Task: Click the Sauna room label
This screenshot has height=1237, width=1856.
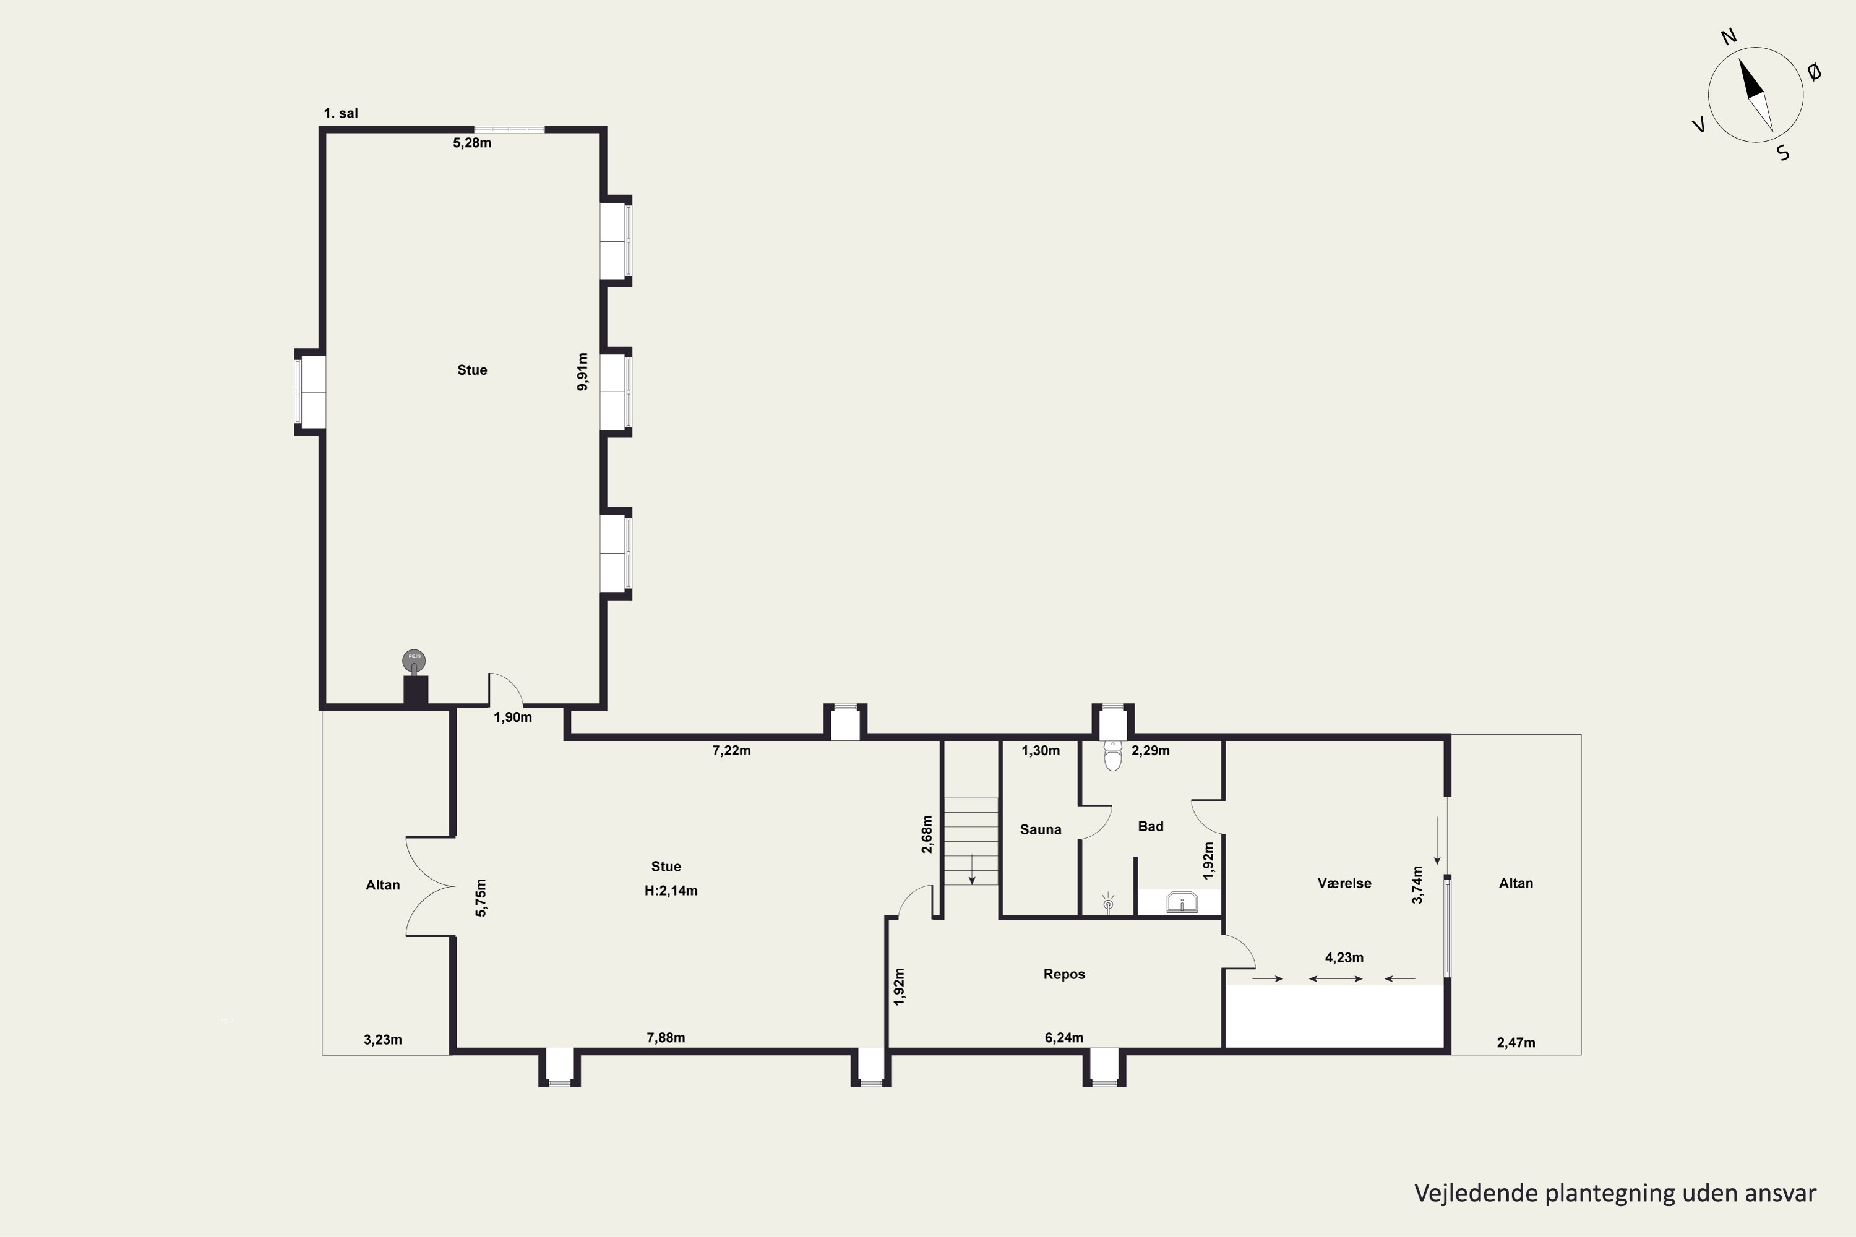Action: tap(1040, 829)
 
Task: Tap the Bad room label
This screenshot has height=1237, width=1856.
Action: tap(1151, 826)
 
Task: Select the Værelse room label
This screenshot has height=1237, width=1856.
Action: tap(1344, 883)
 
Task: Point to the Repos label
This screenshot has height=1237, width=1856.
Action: tap(1063, 974)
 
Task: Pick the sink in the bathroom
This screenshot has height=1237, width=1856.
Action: tap(1181, 902)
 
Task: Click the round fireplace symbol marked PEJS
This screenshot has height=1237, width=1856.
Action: tap(413, 659)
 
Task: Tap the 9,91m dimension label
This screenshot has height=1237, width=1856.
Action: tap(582, 372)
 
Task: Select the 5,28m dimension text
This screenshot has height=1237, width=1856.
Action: tap(472, 143)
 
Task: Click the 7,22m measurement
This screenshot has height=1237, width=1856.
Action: tap(731, 750)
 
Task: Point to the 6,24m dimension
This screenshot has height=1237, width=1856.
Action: tap(1063, 1037)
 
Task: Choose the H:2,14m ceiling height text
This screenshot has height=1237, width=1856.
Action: tap(671, 891)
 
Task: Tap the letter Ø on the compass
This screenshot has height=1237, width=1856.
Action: tap(1814, 72)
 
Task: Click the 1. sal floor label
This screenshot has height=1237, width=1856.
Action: tap(341, 113)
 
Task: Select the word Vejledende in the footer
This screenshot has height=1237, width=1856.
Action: tap(1475, 1193)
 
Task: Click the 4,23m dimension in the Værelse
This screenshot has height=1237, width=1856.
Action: tap(1344, 957)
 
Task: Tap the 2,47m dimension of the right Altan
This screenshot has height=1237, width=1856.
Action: tap(1516, 1043)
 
